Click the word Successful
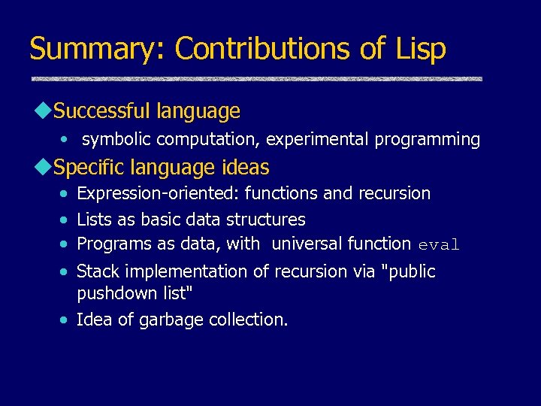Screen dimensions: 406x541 pos(104,111)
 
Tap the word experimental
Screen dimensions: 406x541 pos(321,139)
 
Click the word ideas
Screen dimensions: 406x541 pos(246,166)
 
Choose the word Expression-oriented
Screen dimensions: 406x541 pos(158,193)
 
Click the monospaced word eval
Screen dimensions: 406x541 pos(438,244)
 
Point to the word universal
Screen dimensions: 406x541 pos(307,244)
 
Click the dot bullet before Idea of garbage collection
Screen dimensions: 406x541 pos(66,320)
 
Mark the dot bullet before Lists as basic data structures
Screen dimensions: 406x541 pos(66,220)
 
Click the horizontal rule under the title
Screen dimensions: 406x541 pos(256,79)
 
